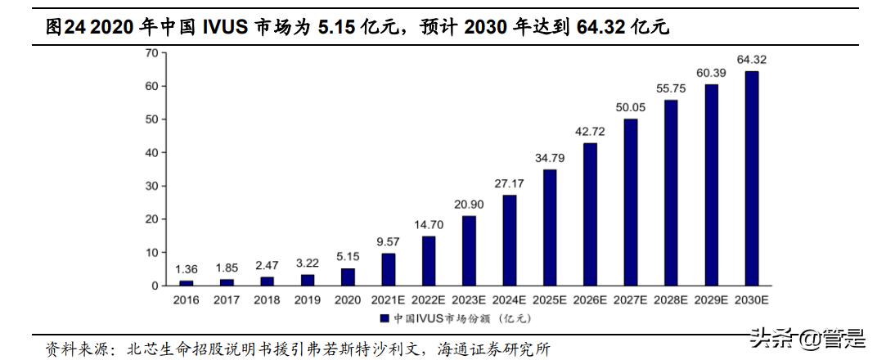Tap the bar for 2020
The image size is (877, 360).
pos(349,277)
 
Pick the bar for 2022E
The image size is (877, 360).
pos(429,261)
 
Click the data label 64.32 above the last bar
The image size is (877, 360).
pos(751,60)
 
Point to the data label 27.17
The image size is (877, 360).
pos(510,183)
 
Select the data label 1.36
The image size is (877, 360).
pos(187,269)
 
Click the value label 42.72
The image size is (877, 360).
pos(590,132)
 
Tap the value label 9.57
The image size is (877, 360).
pos(389,242)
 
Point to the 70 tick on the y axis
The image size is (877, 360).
pos(150,53)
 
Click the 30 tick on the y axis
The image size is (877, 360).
pos(150,186)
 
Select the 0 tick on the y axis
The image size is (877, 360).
pos(153,286)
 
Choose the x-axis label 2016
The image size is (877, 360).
pos(187,300)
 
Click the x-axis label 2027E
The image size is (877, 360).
pos(630,300)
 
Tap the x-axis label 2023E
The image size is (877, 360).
pos(469,300)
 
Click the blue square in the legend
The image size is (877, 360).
pos(385,317)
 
